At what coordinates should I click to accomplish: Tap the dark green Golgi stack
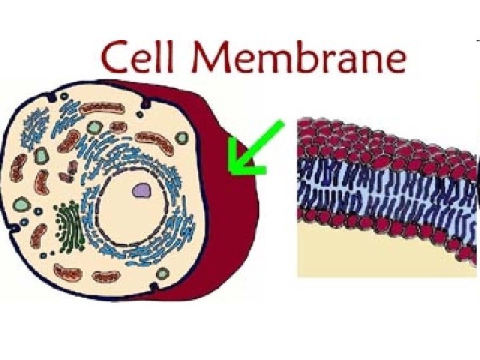click(x=67, y=226)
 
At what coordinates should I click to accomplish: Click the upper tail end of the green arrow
click(x=280, y=125)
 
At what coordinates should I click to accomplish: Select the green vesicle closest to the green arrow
click(x=181, y=137)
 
